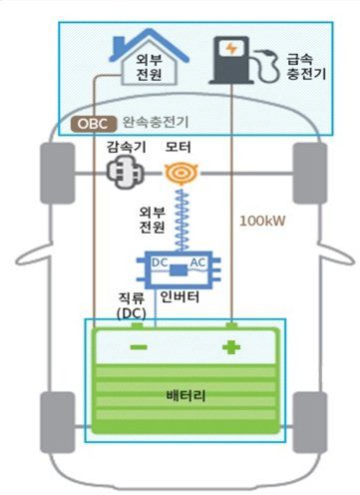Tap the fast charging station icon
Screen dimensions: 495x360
click(x=231, y=61)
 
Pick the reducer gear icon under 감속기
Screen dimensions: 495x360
click(x=126, y=172)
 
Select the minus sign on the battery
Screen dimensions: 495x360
click(x=138, y=348)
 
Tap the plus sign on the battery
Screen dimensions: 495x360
click(x=232, y=348)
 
